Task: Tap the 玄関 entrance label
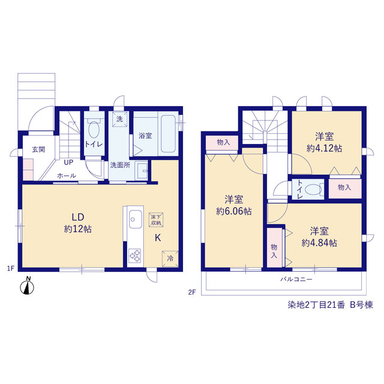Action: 38,149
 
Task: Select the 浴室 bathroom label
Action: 145,136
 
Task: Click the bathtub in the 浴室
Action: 168,134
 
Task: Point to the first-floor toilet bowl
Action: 94,130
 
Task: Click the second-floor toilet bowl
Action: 313,190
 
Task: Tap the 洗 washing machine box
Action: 120,119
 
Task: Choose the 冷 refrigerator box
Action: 170,259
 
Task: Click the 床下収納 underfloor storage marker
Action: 156,220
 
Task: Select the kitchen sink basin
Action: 136,219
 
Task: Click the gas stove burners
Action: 135,256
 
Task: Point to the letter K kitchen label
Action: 158,238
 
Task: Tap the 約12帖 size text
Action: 78,229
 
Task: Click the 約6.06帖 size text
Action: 233,211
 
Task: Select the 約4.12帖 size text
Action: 324,148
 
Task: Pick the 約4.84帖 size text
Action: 319,243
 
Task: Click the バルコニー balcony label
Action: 296,279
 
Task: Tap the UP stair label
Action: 68,163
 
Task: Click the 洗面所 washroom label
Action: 120,165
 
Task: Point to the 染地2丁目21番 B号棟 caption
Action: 331,305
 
